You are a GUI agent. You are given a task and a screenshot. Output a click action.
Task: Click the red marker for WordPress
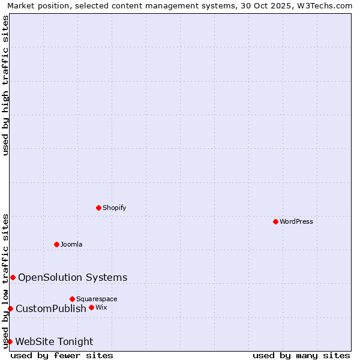(275, 221)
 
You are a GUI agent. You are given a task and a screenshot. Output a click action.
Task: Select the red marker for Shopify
(98, 208)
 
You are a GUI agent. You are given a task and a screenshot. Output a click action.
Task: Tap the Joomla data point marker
(56, 244)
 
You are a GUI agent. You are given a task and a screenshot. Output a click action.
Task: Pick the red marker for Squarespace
(72, 299)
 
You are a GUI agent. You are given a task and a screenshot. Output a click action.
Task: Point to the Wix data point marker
(91, 307)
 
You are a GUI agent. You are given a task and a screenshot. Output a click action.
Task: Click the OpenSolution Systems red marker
(13, 277)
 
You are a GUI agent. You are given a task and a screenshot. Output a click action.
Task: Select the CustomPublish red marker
(10, 308)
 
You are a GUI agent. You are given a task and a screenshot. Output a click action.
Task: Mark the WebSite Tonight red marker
(10, 341)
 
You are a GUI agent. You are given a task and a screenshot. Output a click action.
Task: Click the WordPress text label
(296, 221)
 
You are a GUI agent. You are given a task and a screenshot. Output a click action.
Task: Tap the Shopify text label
(114, 208)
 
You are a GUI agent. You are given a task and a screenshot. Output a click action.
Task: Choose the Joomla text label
(71, 244)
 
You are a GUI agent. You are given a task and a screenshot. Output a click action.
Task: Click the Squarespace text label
(97, 299)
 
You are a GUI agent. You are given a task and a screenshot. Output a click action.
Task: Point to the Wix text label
(101, 307)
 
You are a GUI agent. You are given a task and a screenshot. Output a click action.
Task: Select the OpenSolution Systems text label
(73, 277)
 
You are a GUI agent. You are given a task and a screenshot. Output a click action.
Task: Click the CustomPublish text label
(51, 308)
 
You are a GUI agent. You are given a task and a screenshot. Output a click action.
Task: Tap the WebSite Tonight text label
(54, 341)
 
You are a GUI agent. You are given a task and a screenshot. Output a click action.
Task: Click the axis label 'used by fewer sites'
(62, 355)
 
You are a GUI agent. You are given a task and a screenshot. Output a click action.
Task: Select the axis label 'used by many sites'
(301, 355)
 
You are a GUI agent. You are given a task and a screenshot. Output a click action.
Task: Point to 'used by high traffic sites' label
(6, 85)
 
